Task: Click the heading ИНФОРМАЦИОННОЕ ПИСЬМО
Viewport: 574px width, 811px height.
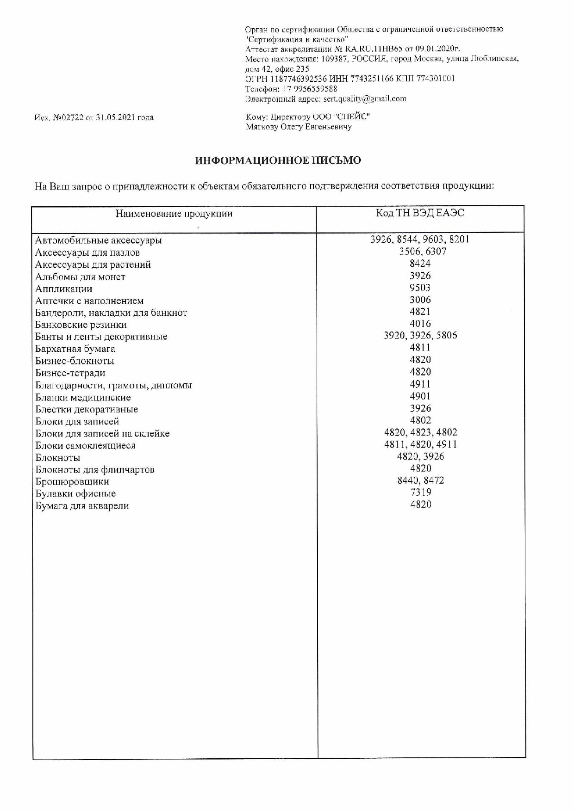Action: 278,160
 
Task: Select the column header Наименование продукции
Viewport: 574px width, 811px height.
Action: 174,214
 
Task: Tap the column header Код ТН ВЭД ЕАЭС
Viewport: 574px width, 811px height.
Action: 420,213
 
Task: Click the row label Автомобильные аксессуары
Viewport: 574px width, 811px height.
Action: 99,240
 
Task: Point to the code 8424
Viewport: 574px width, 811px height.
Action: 420,264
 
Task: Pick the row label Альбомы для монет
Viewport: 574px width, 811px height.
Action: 80,277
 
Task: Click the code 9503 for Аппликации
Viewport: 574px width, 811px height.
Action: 420,288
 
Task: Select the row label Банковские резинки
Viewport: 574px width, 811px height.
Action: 81,325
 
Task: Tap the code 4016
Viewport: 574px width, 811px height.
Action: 420,324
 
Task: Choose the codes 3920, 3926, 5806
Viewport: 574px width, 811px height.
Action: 420,336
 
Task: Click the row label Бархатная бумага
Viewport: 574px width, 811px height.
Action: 75,349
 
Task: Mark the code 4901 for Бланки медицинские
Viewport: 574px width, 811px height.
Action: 420,396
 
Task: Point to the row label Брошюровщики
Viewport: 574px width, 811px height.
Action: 72,482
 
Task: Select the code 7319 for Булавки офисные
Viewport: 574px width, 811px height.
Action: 420,492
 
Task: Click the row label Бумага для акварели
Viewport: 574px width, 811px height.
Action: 82,506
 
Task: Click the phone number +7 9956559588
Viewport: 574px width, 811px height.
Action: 309,89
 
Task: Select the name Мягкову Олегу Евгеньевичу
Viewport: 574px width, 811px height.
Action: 299,127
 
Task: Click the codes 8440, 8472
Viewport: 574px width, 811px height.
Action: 420,480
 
